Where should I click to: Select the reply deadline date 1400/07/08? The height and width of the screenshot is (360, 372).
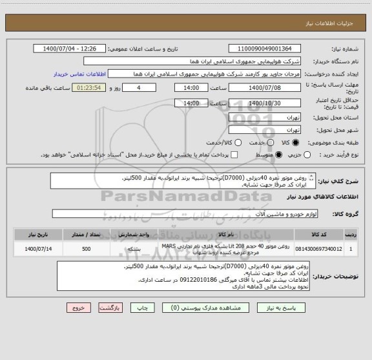269,87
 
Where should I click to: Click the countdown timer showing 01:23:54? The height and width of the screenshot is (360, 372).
88,87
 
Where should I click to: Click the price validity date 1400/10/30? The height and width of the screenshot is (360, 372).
269,103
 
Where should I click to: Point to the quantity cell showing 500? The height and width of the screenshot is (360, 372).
87,248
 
